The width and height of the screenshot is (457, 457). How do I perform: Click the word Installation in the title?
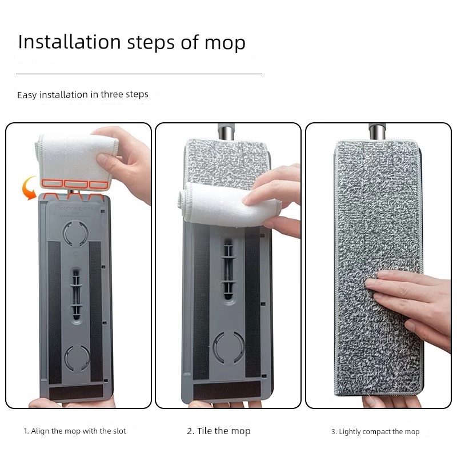coord(69,42)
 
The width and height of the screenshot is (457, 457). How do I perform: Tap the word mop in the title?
coord(225,44)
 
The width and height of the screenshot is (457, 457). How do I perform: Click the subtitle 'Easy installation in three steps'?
coord(83,95)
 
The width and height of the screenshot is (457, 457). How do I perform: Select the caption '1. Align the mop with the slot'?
coord(75,431)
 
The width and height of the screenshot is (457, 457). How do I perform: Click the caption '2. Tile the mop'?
coord(219,431)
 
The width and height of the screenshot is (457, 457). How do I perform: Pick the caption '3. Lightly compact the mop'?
coord(375,432)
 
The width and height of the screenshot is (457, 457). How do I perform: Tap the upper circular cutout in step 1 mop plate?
coord(76,233)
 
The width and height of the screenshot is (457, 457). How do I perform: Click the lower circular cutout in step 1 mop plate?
coord(77,358)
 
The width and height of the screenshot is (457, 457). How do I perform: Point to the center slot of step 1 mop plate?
coord(76,293)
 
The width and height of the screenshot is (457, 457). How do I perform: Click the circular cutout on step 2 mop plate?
coord(229,348)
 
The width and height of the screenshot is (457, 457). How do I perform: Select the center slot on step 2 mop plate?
coord(228,268)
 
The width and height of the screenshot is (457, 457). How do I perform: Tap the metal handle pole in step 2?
coord(226,131)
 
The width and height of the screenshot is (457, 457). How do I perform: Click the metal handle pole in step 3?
coord(378,131)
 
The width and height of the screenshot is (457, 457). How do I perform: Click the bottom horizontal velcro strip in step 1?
coord(76,391)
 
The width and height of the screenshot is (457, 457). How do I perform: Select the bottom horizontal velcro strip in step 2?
coord(227,391)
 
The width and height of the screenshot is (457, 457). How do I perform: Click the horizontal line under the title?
coord(139,74)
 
